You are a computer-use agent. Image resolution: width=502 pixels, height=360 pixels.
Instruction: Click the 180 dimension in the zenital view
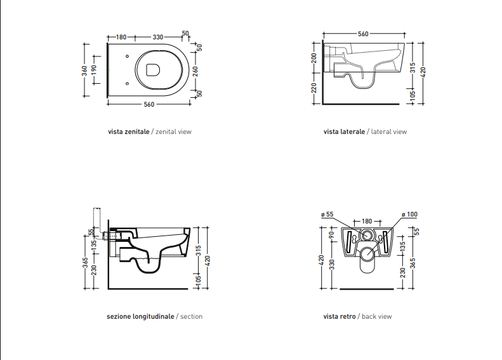tap(121, 37)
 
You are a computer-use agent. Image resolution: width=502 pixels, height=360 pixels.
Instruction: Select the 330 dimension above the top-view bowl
tap(158, 37)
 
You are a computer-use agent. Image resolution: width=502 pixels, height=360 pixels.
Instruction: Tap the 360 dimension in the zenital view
tap(84, 70)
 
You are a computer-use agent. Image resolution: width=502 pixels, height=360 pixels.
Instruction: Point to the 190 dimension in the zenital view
tap(93, 70)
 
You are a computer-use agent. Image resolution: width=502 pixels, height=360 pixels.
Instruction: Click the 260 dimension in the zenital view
tap(195, 71)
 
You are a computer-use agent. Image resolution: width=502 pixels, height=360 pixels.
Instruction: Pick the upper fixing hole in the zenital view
tap(127, 57)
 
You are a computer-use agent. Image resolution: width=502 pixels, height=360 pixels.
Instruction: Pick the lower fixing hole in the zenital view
tap(127, 84)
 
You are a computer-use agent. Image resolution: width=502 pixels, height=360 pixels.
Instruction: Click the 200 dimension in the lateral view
tap(314, 58)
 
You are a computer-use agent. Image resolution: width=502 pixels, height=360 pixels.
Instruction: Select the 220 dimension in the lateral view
tap(314, 88)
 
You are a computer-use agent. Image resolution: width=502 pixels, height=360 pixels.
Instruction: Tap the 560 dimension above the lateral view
tap(363, 34)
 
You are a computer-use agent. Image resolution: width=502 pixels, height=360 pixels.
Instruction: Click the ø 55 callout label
tap(327, 214)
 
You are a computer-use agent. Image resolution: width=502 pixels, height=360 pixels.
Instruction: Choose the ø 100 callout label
tap(409, 214)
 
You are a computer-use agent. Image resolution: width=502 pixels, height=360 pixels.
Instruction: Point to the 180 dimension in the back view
tap(367, 221)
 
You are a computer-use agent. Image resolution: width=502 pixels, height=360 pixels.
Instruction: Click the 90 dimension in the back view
tap(332, 235)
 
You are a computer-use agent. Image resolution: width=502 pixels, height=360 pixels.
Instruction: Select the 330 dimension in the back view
tap(332, 265)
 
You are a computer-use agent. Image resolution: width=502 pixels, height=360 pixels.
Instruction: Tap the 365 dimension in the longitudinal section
tap(85, 263)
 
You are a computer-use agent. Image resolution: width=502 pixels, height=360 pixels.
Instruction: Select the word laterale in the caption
tap(352, 131)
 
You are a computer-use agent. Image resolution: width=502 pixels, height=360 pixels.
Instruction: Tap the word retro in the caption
tap(348, 316)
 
